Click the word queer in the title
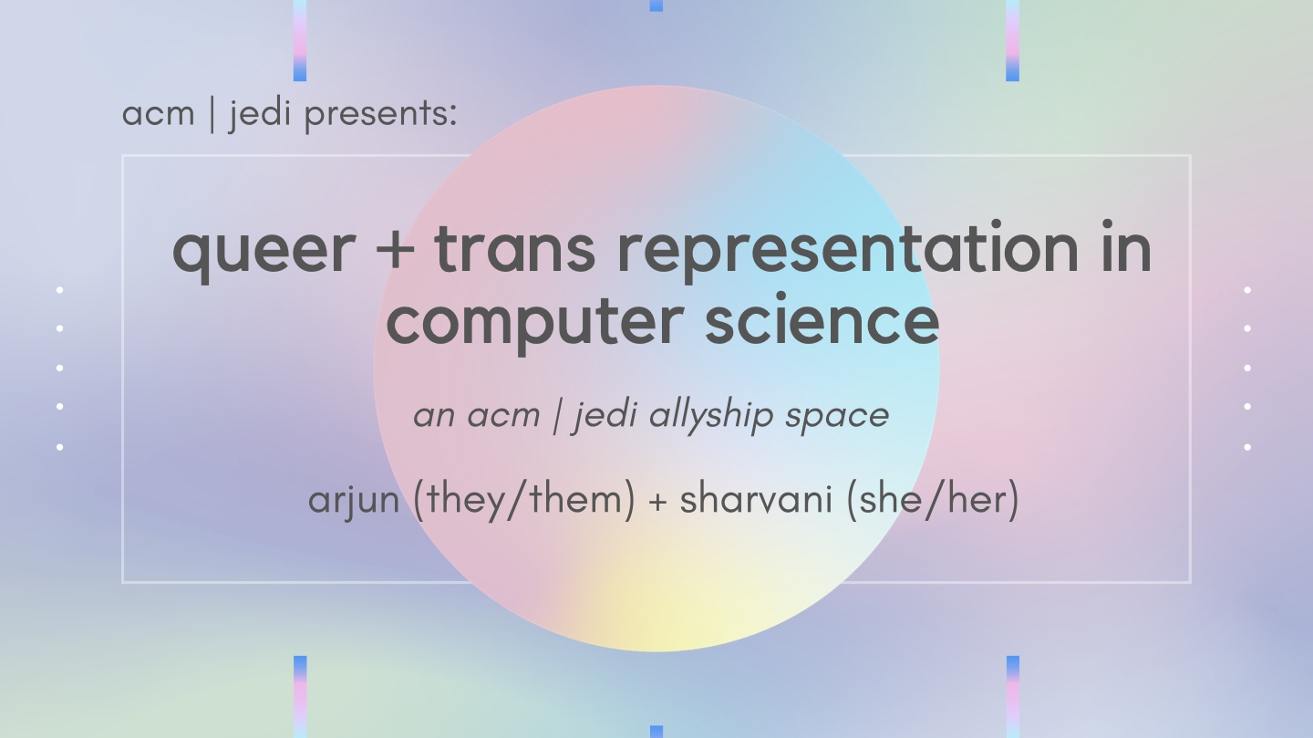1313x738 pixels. coord(264,250)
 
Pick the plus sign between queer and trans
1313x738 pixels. coord(394,250)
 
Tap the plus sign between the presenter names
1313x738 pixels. coord(657,502)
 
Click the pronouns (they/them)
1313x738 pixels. coord(524,501)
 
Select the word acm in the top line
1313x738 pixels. coord(158,115)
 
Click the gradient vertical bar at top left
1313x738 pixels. coord(300,40)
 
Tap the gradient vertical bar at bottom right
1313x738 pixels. coord(1012,696)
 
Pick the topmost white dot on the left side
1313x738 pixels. coord(60,290)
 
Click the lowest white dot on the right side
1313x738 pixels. coord(1247,447)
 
